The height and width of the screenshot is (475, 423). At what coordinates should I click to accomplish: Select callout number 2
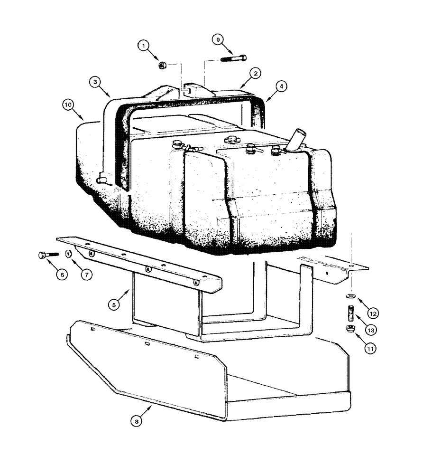[x=255, y=73]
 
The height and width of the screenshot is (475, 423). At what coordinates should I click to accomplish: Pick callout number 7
[x=85, y=274]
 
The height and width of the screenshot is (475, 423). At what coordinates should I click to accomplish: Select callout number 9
[x=219, y=40]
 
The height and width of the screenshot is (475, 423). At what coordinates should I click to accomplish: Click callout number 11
[x=369, y=348]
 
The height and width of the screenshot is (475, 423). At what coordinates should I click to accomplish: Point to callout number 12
[x=372, y=313]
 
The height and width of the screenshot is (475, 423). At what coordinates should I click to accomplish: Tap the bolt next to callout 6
[x=46, y=255]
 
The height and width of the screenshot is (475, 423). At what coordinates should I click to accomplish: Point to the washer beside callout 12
[x=350, y=296]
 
